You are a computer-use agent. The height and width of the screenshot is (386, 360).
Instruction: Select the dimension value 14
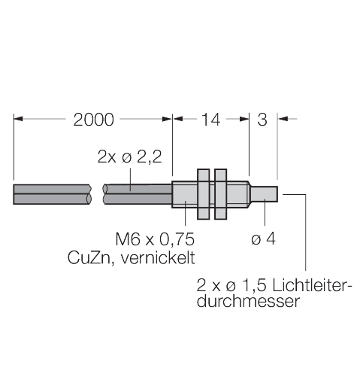point(211,119)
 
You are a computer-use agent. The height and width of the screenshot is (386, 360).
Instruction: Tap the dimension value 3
point(264,119)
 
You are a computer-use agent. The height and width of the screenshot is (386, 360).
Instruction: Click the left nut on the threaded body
point(203,193)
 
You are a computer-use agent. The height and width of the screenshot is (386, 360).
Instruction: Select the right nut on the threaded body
point(219,193)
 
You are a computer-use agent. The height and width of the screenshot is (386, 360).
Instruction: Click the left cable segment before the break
point(53,193)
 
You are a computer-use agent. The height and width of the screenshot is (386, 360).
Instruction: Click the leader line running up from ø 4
point(265,217)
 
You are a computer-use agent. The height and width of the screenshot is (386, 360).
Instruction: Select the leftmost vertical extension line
point(15,150)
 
